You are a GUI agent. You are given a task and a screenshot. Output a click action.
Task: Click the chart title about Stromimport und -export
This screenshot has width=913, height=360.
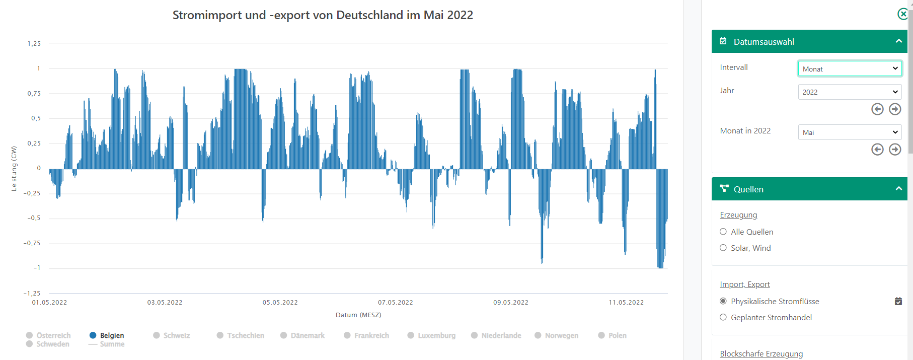click(x=323, y=15)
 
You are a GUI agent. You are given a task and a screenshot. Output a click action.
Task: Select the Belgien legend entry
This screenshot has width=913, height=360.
click(x=107, y=335)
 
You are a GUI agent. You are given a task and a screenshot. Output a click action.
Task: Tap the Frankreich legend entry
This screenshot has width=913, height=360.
click(x=366, y=335)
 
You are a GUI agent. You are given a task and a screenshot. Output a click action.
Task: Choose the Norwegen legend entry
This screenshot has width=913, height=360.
click(x=557, y=335)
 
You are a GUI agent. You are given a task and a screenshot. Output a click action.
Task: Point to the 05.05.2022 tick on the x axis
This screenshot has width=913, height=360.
click(x=280, y=303)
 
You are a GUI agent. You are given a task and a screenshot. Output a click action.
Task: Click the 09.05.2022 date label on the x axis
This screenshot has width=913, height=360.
click(x=511, y=303)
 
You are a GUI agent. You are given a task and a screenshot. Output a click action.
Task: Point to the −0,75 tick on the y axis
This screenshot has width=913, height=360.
click(x=32, y=243)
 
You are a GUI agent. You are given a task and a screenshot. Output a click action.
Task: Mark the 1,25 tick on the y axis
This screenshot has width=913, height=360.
click(x=34, y=44)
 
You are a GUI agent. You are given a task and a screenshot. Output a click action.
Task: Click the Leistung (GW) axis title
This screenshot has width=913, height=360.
click(x=14, y=169)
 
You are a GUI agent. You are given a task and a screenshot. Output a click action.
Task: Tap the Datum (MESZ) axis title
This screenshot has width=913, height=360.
click(x=358, y=315)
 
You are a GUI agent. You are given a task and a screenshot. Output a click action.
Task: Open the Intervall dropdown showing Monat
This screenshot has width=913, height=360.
click(x=850, y=69)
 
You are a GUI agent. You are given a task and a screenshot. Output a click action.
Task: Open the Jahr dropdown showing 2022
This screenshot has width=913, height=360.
click(x=850, y=92)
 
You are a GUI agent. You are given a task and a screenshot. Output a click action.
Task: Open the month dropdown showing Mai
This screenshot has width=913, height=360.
click(x=850, y=132)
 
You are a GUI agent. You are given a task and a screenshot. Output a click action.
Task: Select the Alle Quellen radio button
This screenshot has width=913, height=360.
click(x=723, y=232)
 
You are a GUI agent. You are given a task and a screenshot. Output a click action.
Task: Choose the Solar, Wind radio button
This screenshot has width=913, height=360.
click(x=723, y=248)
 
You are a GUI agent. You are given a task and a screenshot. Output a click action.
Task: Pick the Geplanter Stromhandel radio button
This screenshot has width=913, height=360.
click(x=723, y=317)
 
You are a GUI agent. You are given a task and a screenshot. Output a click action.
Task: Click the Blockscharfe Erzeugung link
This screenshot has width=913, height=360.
click(x=761, y=354)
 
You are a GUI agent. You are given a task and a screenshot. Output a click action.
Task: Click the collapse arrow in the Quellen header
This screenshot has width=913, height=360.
click(x=898, y=189)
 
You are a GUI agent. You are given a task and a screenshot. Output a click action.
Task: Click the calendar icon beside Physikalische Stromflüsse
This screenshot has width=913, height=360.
click(x=898, y=302)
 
